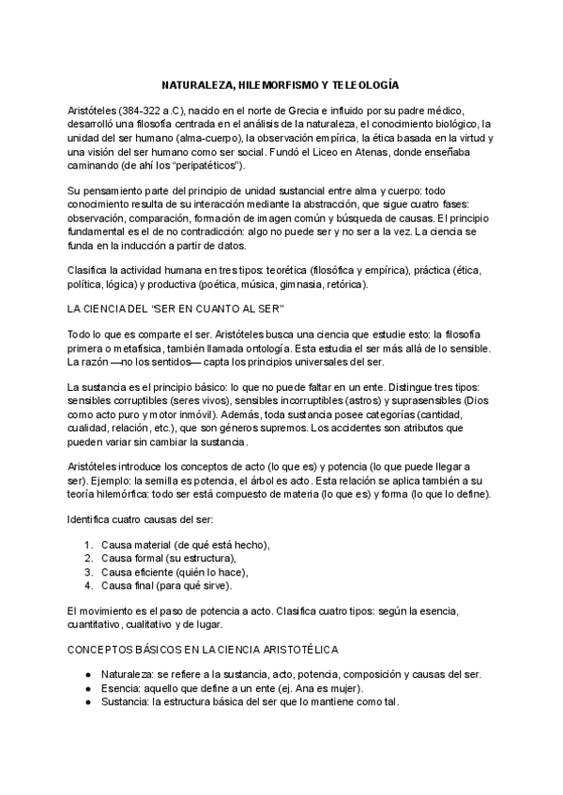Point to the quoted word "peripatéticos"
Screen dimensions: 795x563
coord(205,165)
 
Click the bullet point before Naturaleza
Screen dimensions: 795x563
coord(88,674)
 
